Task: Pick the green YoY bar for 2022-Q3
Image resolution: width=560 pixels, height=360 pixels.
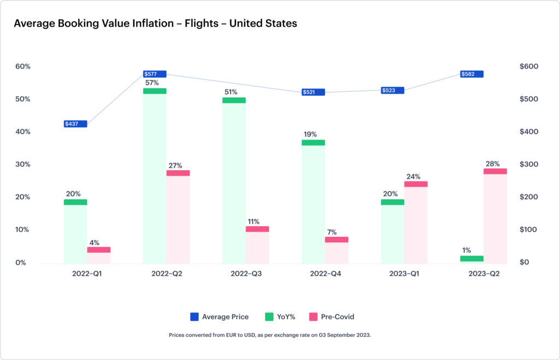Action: tap(234, 181)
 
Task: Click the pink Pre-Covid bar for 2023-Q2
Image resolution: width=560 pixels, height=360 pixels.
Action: tap(495, 216)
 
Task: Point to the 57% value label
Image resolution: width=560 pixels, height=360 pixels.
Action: tap(152, 83)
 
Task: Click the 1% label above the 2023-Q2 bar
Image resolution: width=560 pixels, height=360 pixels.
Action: tap(466, 250)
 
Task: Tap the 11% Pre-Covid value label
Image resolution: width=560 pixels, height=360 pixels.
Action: tap(253, 222)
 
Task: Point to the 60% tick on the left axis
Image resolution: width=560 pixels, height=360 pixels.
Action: tap(22, 67)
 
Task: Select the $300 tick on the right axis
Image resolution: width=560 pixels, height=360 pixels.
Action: tap(529, 165)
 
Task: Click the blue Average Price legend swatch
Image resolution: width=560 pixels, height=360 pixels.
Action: tap(194, 317)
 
